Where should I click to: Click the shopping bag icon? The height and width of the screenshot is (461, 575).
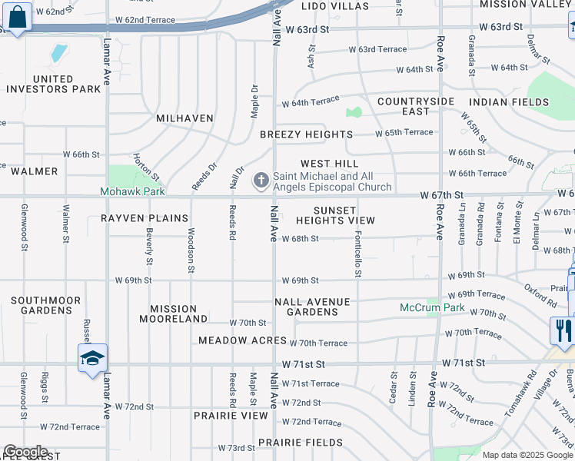17,16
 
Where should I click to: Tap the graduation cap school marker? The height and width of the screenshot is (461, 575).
92,358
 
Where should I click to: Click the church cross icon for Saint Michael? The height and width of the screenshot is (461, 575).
261,181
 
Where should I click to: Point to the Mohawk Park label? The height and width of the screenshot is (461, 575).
132,191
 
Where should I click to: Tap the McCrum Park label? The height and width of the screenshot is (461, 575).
432,307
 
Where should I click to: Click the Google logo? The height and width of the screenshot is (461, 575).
26,452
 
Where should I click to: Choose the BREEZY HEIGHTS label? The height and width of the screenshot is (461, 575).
306,134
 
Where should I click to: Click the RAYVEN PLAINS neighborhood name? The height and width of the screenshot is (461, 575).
145,218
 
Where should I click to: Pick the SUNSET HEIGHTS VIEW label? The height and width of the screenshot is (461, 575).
335,215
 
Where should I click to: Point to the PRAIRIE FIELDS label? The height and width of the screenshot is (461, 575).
301,443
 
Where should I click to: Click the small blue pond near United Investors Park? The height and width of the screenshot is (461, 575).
58,53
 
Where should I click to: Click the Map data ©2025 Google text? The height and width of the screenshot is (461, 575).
527,455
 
